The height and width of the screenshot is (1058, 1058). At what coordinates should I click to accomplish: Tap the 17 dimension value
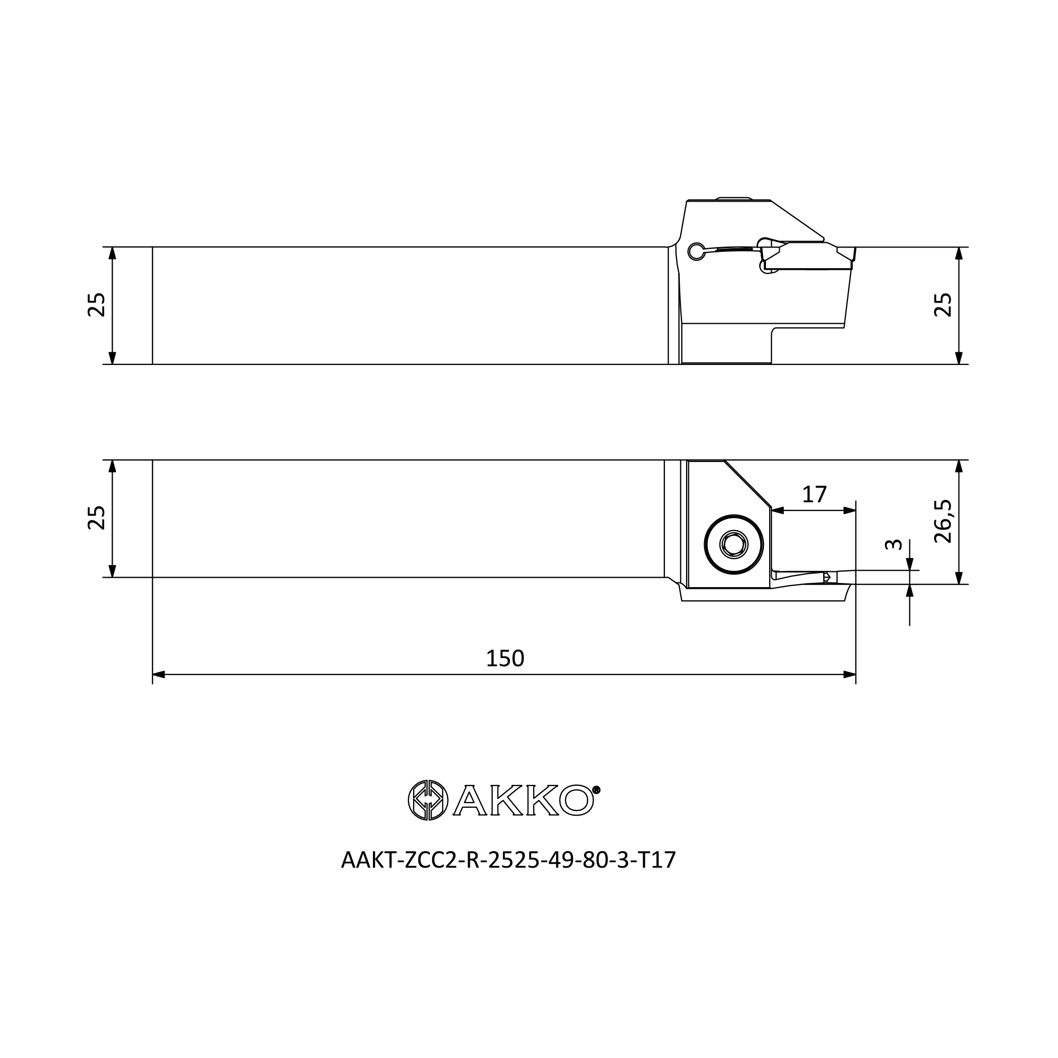pyautogui.click(x=814, y=495)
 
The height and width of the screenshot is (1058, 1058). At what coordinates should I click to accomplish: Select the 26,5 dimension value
pyautogui.click(x=943, y=522)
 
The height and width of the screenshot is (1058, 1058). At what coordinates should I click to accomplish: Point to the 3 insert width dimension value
pyautogui.click(x=893, y=544)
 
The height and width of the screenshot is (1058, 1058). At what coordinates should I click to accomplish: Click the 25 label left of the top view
pyautogui.click(x=96, y=305)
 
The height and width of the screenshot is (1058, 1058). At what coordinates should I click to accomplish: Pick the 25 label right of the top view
pyautogui.click(x=943, y=305)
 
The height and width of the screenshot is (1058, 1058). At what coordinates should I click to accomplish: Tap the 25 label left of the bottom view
pyautogui.click(x=96, y=517)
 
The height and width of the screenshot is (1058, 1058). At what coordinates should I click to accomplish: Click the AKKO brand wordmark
pyautogui.click(x=523, y=800)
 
